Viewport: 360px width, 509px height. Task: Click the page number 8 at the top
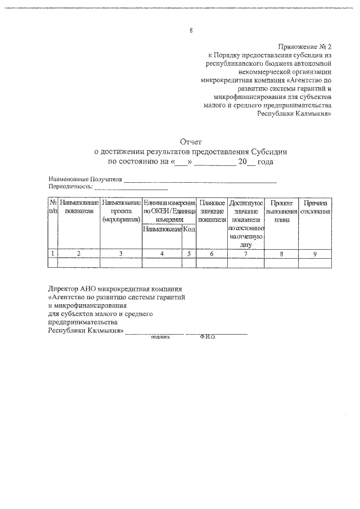click(x=191, y=30)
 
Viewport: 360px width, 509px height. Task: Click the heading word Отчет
click(x=191, y=142)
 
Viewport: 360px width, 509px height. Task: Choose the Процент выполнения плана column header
click(x=282, y=211)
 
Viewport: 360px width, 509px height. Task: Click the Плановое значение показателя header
click(x=212, y=211)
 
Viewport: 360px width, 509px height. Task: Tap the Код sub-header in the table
click(x=189, y=229)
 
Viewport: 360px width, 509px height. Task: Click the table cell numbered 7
click(x=245, y=254)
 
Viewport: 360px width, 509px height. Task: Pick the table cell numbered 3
click(x=121, y=254)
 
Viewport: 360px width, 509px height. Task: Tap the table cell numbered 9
click(x=315, y=254)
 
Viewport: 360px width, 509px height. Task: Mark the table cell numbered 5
click(x=189, y=254)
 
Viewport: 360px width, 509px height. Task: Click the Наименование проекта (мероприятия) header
click(x=121, y=211)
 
